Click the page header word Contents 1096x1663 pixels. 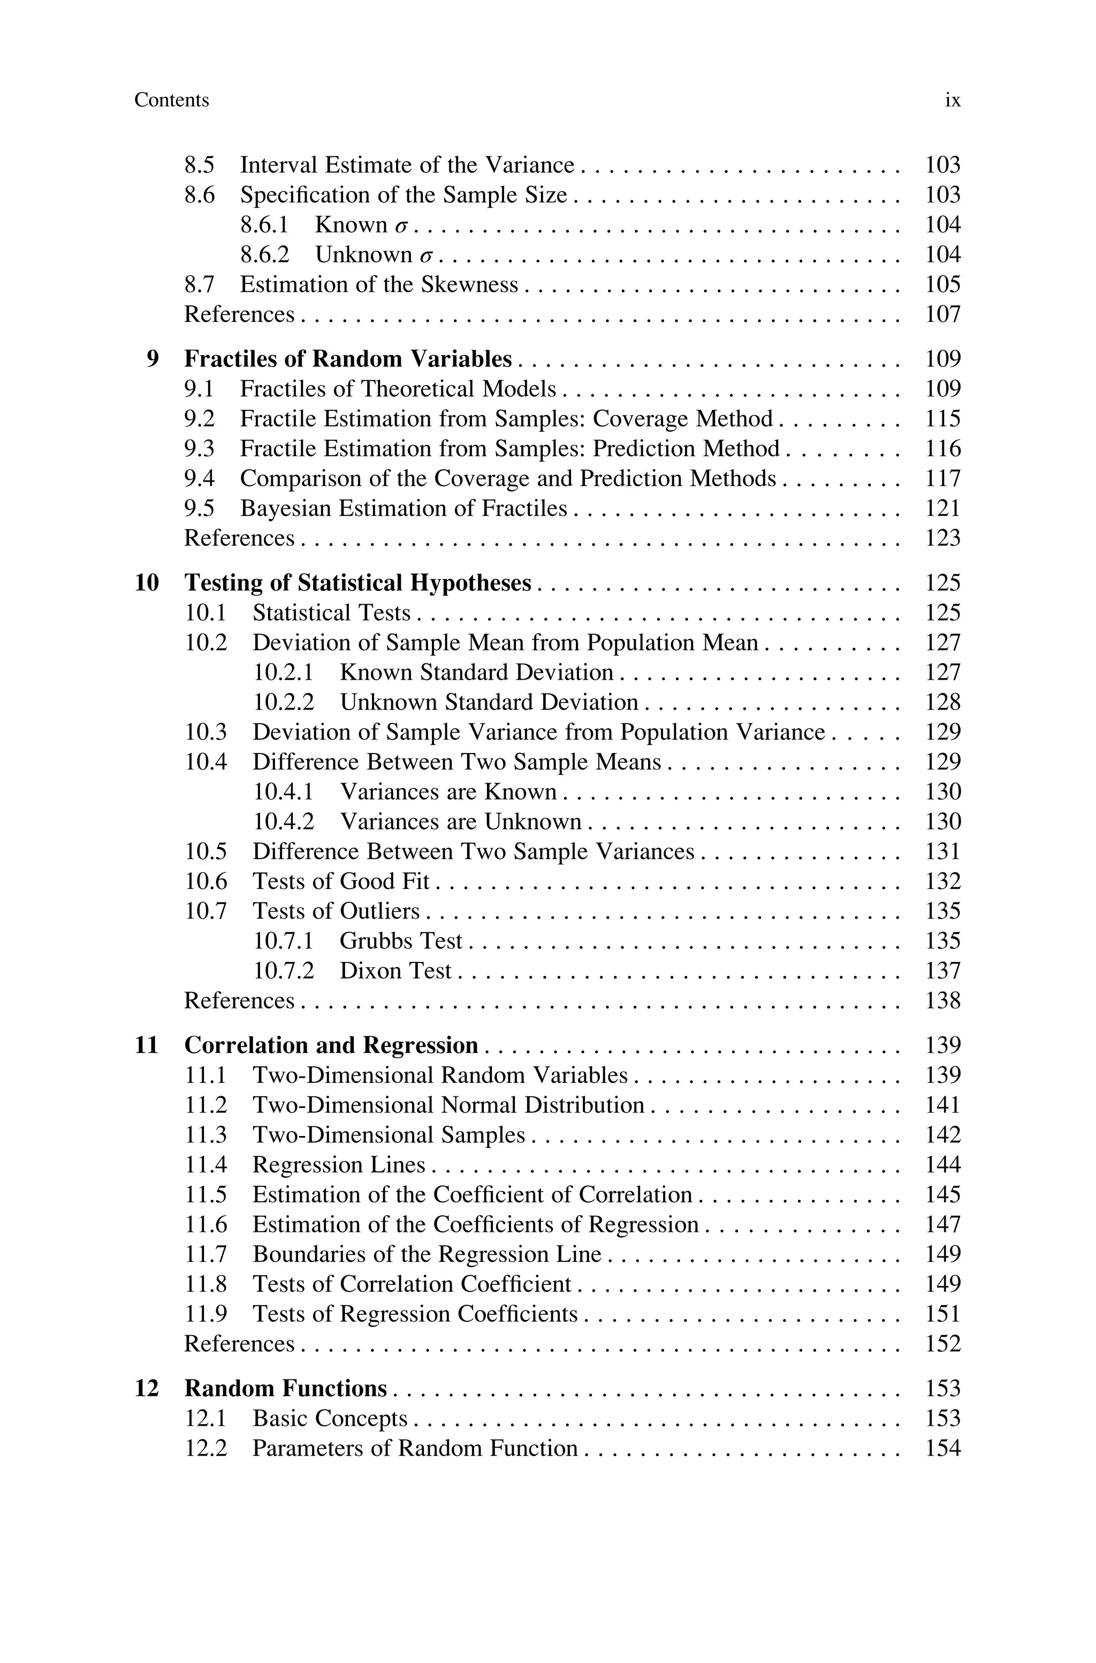(171, 100)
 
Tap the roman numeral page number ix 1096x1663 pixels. (952, 100)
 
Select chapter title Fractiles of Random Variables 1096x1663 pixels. (347, 359)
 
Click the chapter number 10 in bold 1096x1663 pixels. (147, 583)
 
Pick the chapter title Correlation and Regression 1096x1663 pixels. (331, 1045)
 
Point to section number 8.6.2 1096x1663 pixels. (264, 254)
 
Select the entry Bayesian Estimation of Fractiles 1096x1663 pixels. (404, 508)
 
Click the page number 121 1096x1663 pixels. (942, 508)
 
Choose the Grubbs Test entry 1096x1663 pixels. (400, 941)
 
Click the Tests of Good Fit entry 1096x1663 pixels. (340, 881)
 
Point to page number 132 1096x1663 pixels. (942, 881)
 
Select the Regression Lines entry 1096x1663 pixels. (338, 1165)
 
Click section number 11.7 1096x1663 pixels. (205, 1254)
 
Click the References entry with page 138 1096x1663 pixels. (239, 1000)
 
